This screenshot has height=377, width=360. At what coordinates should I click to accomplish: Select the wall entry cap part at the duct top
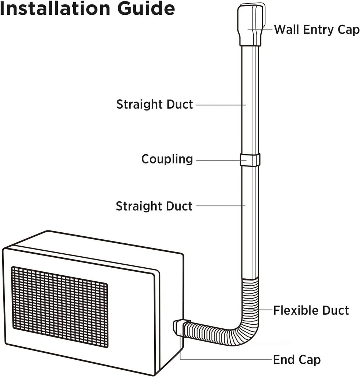click(x=251, y=24)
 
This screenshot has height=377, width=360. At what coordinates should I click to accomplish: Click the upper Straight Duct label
click(x=155, y=105)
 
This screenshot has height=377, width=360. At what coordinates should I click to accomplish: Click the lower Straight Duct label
click(x=154, y=206)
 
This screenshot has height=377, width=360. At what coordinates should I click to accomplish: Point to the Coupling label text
click(x=167, y=159)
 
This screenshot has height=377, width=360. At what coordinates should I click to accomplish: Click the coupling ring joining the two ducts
click(x=250, y=160)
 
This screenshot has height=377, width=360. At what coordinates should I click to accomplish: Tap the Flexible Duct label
click(x=311, y=310)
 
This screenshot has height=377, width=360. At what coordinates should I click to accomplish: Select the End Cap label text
click(x=297, y=360)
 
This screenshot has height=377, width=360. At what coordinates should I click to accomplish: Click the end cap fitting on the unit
click(x=179, y=327)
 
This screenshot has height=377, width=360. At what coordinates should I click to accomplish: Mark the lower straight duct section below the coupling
click(x=250, y=221)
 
